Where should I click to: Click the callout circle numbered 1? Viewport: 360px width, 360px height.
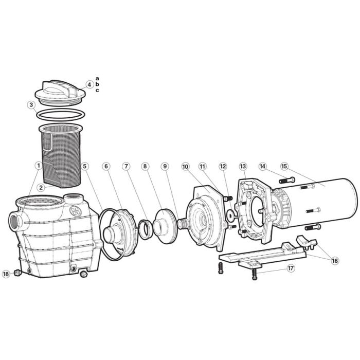pyautogui.click(x=38, y=166)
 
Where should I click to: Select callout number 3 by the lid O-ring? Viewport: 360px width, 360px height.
pyautogui.click(x=31, y=105)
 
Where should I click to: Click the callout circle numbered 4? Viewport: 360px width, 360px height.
pyautogui.click(x=89, y=84)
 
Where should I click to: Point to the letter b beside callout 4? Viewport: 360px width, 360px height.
pyautogui.click(x=97, y=84)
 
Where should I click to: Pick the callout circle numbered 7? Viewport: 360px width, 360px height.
pyautogui.click(x=125, y=166)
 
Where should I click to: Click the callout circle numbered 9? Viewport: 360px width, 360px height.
pyautogui.click(x=165, y=166)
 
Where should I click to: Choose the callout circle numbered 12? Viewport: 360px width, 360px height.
pyautogui.click(x=222, y=166)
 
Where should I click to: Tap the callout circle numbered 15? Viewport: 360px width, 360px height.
pyautogui.click(x=283, y=166)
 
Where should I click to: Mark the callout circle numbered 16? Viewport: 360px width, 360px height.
pyautogui.click(x=335, y=261)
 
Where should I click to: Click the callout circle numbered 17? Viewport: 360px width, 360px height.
pyautogui.click(x=291, y=268)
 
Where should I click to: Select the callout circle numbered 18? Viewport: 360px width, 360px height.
pyautogui.click(x=6, y=274)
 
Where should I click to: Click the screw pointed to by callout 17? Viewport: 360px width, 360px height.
pyautogui.click(x=254, y=275)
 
